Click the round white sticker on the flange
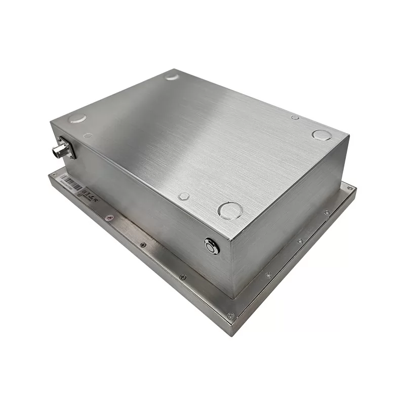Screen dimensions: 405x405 [109, 217]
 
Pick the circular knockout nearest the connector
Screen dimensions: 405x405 [77, 118]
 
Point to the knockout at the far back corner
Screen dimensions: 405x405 [172, 77]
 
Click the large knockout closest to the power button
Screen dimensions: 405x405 [230, 210]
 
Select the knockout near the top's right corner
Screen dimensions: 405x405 [321, 135]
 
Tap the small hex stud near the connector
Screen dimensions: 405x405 [88, 135]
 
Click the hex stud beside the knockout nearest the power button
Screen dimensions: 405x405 [184, 196]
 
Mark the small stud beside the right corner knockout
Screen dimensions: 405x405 [295, 117]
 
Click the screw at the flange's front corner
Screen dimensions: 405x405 [231, 316]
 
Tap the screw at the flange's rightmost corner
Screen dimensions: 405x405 [349, 188]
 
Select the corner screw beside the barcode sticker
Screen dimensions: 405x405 [55, 175]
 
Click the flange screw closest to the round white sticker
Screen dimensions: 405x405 [143, 245]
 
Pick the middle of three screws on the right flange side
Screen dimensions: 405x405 [300, 241]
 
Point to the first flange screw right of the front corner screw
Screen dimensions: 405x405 [268, 275]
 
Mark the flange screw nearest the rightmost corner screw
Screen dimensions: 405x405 [327, 213]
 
